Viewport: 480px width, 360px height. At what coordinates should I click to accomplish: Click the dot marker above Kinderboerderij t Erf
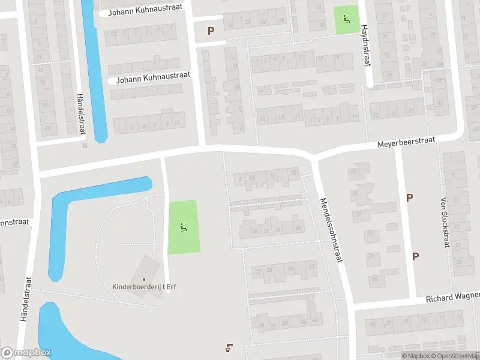click(144, 279)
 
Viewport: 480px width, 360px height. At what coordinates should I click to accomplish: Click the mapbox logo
click(26, 353)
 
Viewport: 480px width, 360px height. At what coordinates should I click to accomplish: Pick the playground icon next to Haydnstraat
click(346, 20)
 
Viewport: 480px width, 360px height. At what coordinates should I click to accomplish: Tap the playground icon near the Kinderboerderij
click(183, 227)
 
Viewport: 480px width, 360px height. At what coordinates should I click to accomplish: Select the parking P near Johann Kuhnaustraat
click(211, 31)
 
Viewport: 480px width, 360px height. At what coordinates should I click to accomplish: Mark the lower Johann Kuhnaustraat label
click(153, 76)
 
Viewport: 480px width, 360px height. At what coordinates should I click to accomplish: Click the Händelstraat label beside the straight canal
click(80, 114)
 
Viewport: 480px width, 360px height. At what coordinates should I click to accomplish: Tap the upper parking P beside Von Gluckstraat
click(410, 197)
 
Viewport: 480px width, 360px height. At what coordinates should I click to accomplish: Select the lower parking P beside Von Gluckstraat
click(415, 256)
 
